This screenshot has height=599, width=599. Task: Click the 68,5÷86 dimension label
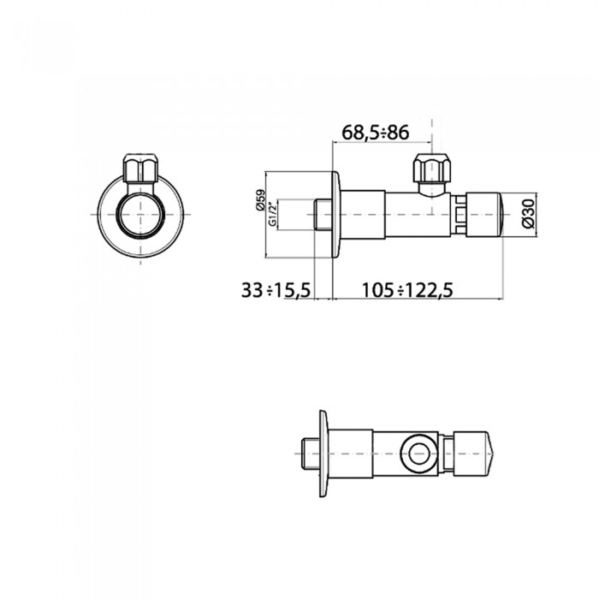(375, 133)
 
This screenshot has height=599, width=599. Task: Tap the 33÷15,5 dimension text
(276, 290)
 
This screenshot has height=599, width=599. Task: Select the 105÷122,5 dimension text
(407, 290)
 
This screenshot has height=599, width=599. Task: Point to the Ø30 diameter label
(529, 214)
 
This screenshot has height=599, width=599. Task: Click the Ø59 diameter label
(260, 199)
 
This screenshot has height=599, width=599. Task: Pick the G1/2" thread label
(272, 214)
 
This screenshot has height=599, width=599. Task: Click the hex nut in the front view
(141, 168)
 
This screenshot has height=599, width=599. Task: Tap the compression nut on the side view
(432, 168)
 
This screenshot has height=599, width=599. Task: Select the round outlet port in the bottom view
(420, 453)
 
